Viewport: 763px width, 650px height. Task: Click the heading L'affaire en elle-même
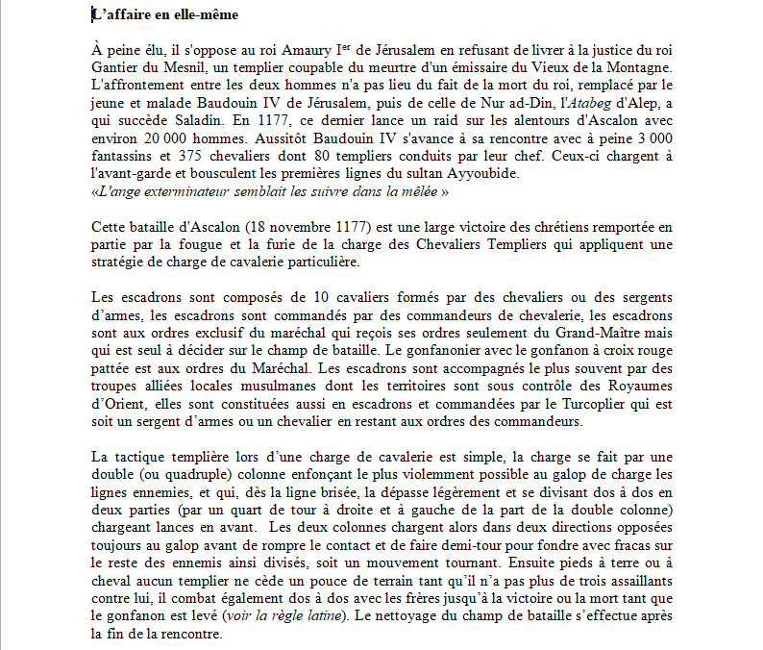(165, 15)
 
